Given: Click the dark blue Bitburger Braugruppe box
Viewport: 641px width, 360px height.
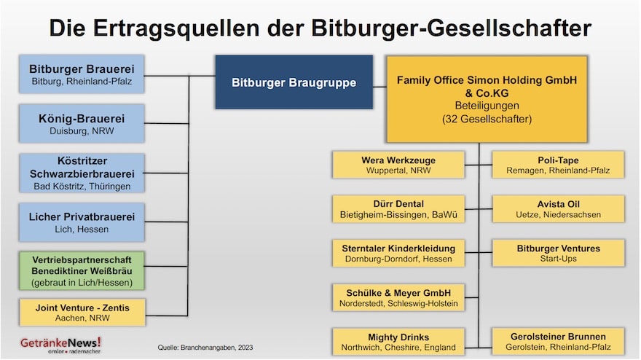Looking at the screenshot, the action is tap(294, 82).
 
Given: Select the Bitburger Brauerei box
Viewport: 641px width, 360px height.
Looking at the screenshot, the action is tap(82, 74).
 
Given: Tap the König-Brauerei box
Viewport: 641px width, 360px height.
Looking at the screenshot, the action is tap(82, 123).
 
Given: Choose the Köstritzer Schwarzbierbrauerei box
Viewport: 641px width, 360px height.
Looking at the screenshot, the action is tap(82, 173).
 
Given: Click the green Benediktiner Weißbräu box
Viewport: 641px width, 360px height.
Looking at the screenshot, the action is tap(82, 270).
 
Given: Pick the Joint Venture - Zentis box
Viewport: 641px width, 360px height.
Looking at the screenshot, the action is tap(82, 311).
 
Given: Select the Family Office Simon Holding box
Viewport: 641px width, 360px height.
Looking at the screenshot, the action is tap(487, 99).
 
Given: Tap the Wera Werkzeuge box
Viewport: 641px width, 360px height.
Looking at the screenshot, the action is tap(398, 165).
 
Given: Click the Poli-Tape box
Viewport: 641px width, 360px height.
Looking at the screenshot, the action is tap(558, 165).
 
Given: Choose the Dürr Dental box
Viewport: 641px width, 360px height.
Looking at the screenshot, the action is tap(398, 209).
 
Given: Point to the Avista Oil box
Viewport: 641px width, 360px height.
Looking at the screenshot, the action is tap(558, 209).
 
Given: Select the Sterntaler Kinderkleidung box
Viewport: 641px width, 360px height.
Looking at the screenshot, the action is tap(398, 254).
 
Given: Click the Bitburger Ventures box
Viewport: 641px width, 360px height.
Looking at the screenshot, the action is tap(558, 254).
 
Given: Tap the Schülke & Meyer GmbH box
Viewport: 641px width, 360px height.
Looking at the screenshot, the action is tap(398, 297).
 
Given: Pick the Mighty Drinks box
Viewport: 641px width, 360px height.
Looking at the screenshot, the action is tap(398, 342).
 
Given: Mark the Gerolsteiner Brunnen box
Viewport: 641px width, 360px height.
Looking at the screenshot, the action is tap(558, 342).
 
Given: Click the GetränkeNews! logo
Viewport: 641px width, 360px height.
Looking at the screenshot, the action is tap(60, 344).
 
